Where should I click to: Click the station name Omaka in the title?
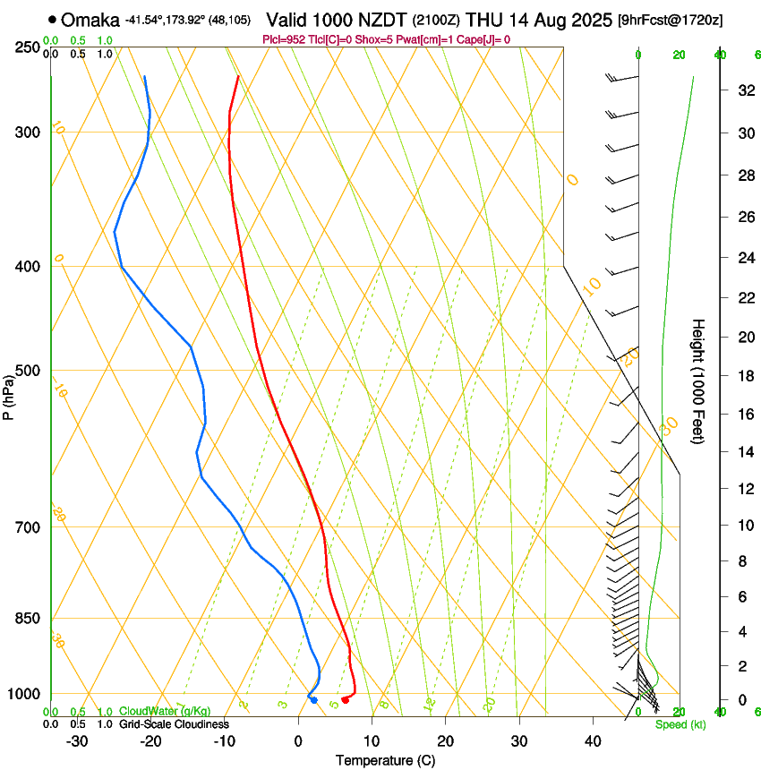[90, 20]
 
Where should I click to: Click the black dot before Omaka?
[52, 20]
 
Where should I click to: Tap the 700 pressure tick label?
[27, 527]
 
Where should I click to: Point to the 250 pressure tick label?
[27, 47]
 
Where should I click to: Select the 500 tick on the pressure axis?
[27, 371]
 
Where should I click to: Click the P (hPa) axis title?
[8, 395]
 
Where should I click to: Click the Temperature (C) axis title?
[385, 760]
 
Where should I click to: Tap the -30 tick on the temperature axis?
[77, 741]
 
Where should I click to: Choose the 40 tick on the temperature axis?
[592, 741]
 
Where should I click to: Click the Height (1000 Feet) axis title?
[698, 381]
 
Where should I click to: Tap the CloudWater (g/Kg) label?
[166, 712]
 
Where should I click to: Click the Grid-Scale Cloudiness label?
[174, 724]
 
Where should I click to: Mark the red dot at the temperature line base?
[346, 699]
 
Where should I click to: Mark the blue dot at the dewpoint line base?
[313, 699]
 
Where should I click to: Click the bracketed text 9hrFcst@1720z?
[671, 20]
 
